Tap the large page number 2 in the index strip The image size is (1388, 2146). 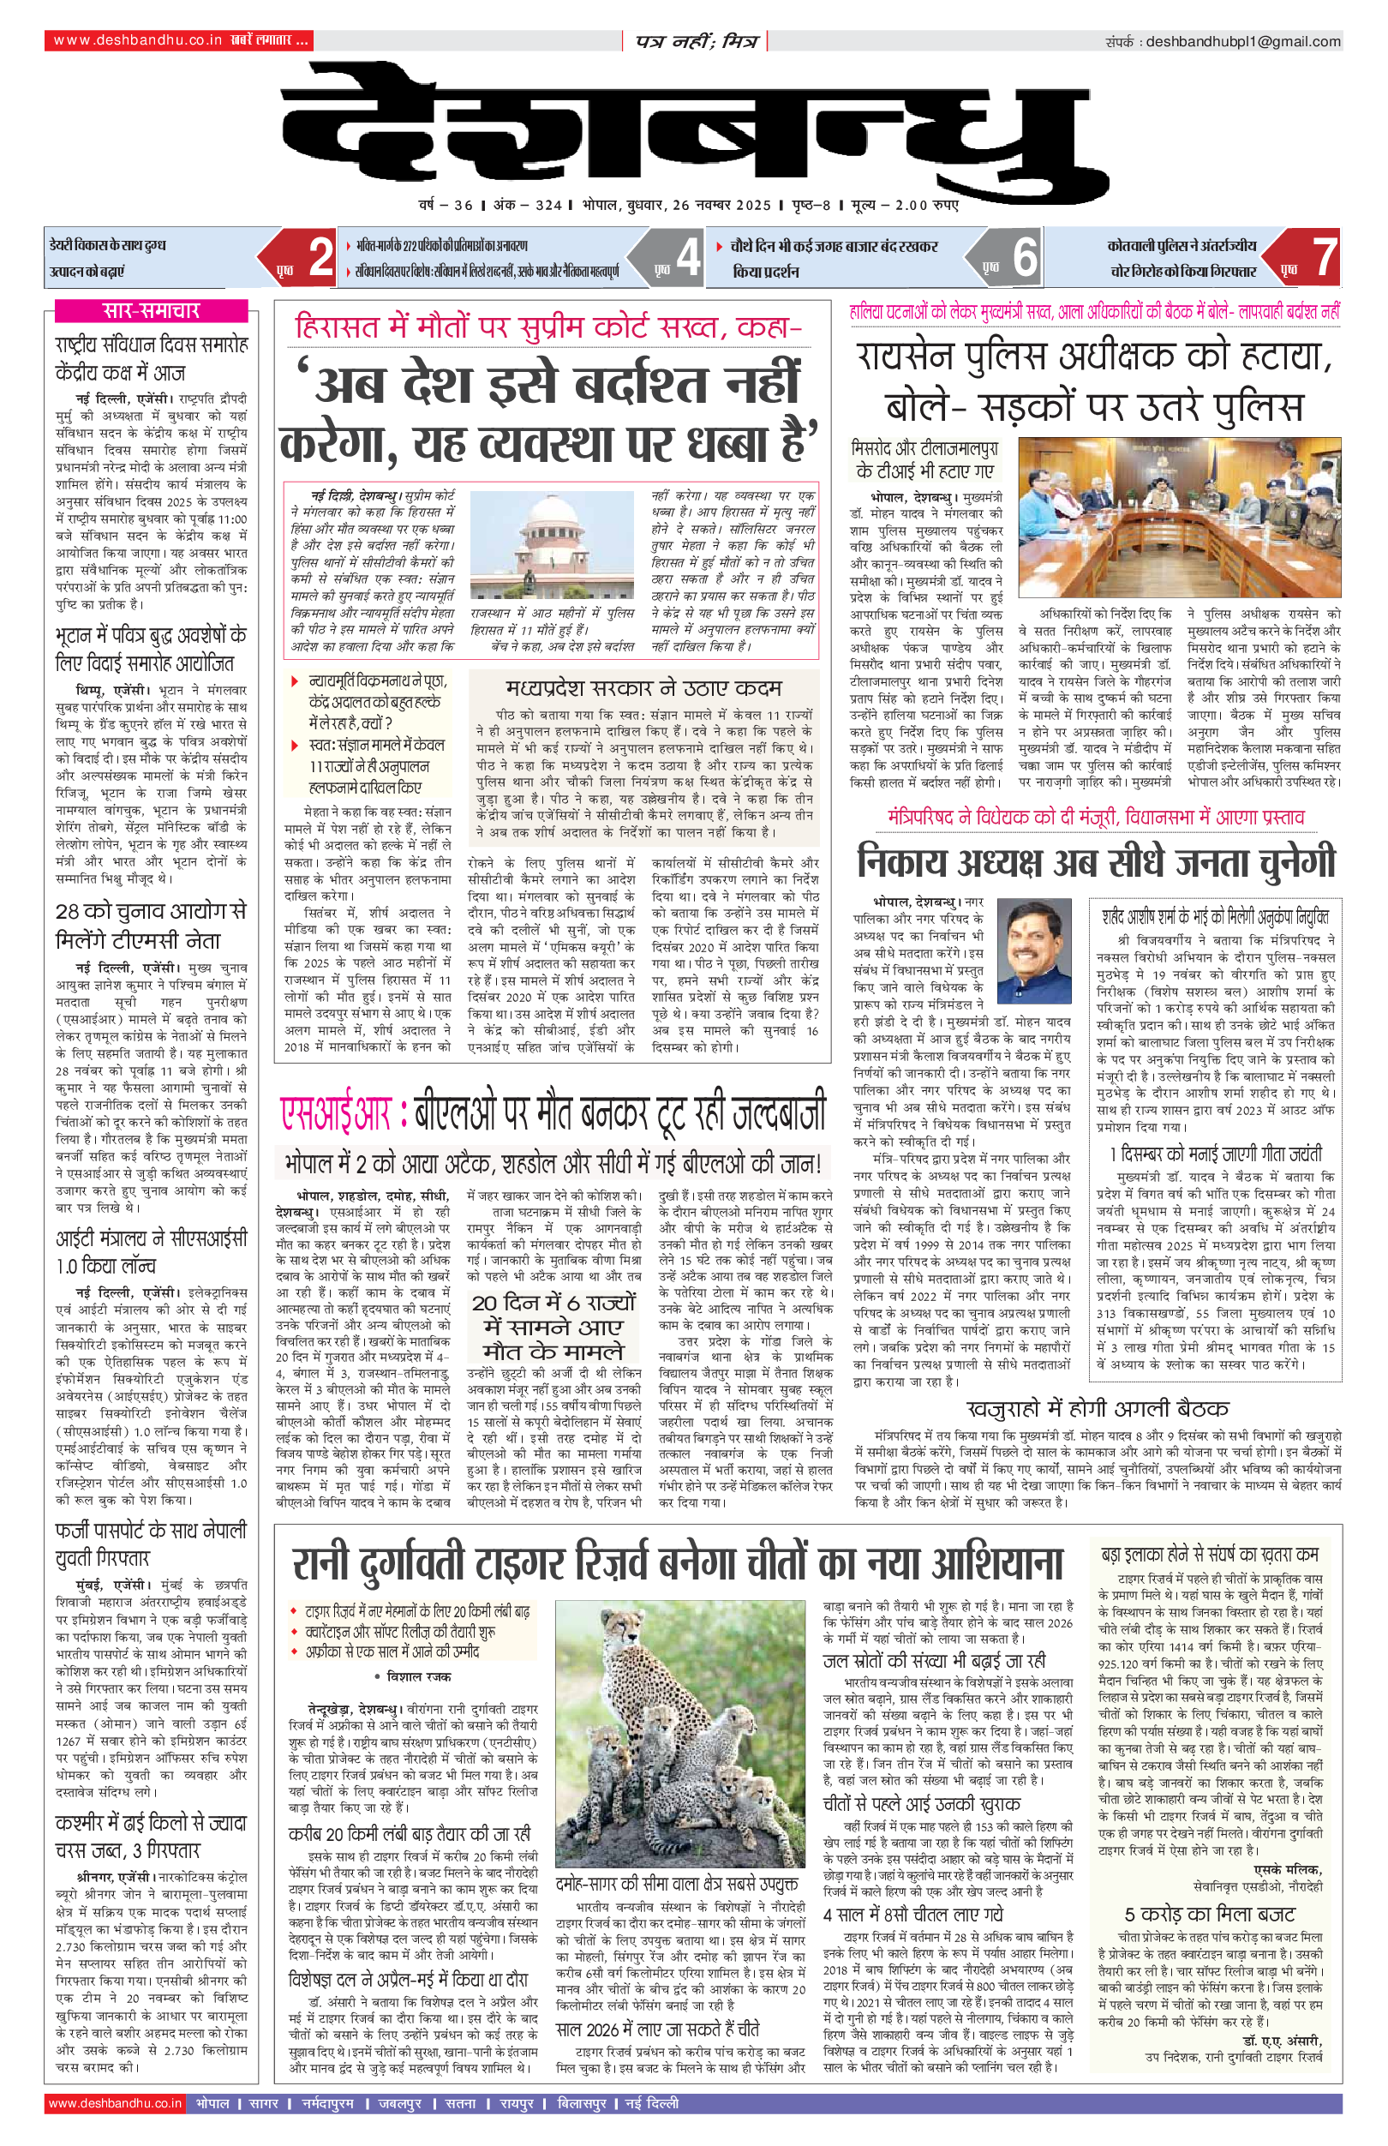pos(320,257)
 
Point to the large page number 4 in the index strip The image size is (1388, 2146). pos(688,257)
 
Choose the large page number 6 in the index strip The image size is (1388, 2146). pos(1025,257)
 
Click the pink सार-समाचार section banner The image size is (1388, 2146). pos(151,311)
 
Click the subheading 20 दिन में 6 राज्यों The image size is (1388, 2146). pos(553,1303)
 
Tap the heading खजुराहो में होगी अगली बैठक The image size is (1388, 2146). pos(1098,1408)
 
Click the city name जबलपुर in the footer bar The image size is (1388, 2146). pos(399,2103)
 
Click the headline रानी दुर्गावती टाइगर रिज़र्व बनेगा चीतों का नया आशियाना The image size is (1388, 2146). pos(678,1565)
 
